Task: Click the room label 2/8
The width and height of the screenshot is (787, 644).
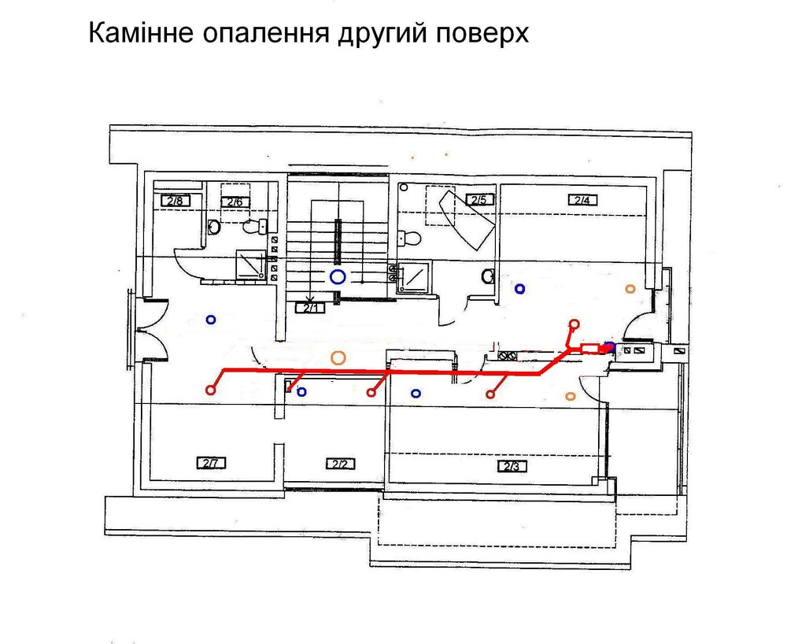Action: [176, 202]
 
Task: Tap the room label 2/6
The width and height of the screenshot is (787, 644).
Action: [235, 202]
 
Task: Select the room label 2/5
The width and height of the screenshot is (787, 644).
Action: [479, 200]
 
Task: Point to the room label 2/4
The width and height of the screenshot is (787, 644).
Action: [582, 200]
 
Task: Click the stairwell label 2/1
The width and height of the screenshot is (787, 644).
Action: [311, 308]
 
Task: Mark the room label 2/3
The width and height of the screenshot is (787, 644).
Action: [512, 466]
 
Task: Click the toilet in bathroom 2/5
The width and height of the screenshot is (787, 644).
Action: [408, 237]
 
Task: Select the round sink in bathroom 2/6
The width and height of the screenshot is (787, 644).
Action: [214, 227]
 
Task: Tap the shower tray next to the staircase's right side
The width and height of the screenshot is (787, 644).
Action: [415, 276]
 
